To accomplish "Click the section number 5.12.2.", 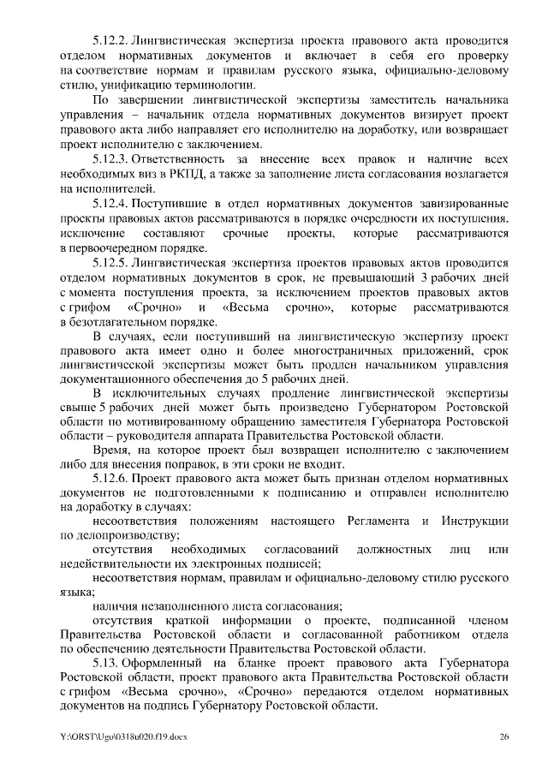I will coord(110,40).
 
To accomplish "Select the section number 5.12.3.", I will coord(110,160).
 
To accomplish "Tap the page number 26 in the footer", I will coord(504,736).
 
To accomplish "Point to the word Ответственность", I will coord(182,160).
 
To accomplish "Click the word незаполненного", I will coord(187,606).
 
